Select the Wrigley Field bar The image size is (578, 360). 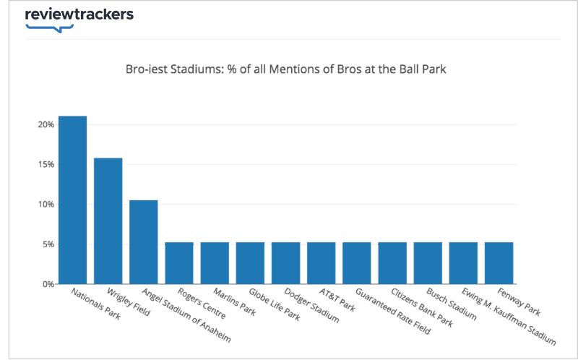(x=108, y=220)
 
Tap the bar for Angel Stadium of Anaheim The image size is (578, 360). (x=143, y=241)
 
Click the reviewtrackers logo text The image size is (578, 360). (x=79, y=14)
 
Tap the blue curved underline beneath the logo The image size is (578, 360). (x=49, y=28)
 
